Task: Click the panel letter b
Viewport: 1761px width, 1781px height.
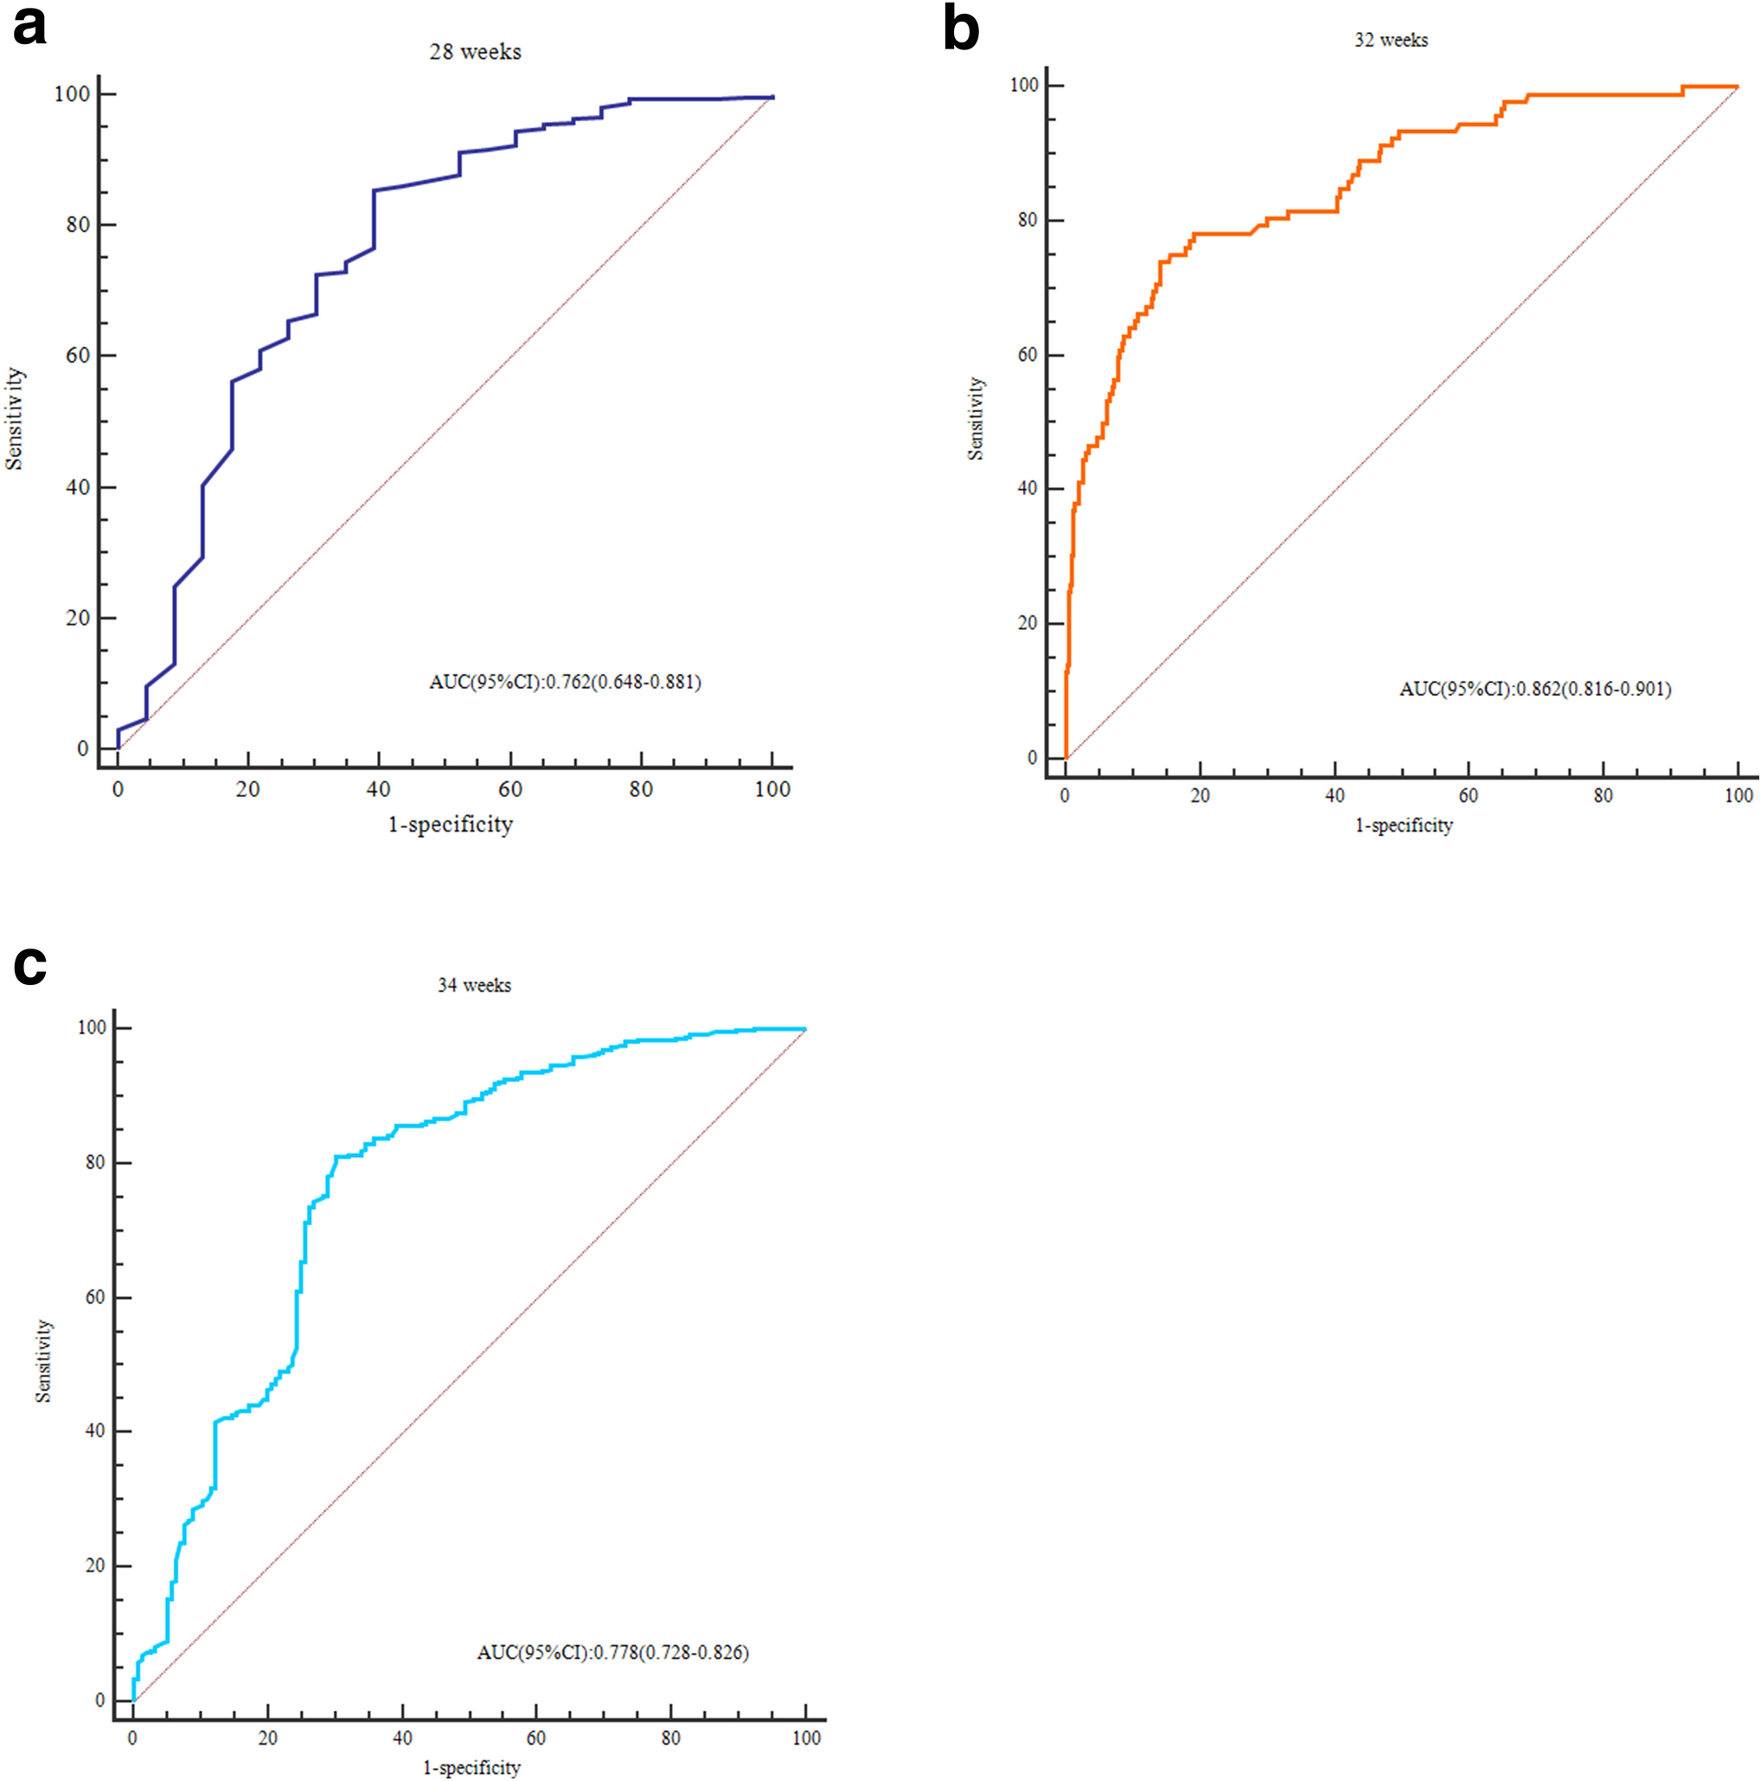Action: click(x=960, y=29)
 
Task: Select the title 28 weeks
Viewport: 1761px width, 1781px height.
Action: click(x=475, y=53)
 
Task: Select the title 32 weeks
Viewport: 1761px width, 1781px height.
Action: click(x=1391, y=41)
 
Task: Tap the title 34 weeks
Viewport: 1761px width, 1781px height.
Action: click(x=474, y=986)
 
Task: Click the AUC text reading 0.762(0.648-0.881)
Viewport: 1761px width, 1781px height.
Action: click(x=565, y=682)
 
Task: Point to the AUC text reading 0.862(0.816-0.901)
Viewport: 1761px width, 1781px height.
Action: click(x=1534, y=689)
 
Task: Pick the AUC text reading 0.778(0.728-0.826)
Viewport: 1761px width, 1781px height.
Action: click(x=612, y=1652)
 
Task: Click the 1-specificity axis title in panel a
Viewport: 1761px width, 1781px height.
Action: click(x=450, y=824)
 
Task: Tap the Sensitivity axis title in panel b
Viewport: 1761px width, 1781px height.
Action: click(x=976, y=419)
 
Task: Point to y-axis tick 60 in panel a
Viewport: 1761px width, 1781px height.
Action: click(x=77, y=356)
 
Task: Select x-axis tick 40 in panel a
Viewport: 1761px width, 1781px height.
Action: click(x=378, y=790)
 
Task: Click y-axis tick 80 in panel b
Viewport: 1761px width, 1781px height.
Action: click(x=1027, y=221)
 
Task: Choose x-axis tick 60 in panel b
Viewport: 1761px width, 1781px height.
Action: click(x=1468, y=795)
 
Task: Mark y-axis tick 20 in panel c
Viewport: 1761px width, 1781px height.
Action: click(x=94, y=1566)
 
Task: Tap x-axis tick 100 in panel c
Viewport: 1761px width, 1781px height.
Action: click(x=806, y=1738)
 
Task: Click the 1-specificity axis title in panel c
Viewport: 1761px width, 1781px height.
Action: click(x=471, y=1767)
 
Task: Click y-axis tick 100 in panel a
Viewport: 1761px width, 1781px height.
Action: click(x=72, y=94)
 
